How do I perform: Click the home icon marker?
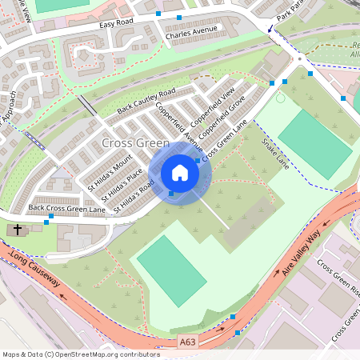180,173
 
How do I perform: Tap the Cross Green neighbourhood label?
136,143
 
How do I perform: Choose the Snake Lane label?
275,152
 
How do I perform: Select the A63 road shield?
188,341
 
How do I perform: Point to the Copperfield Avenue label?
180,127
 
